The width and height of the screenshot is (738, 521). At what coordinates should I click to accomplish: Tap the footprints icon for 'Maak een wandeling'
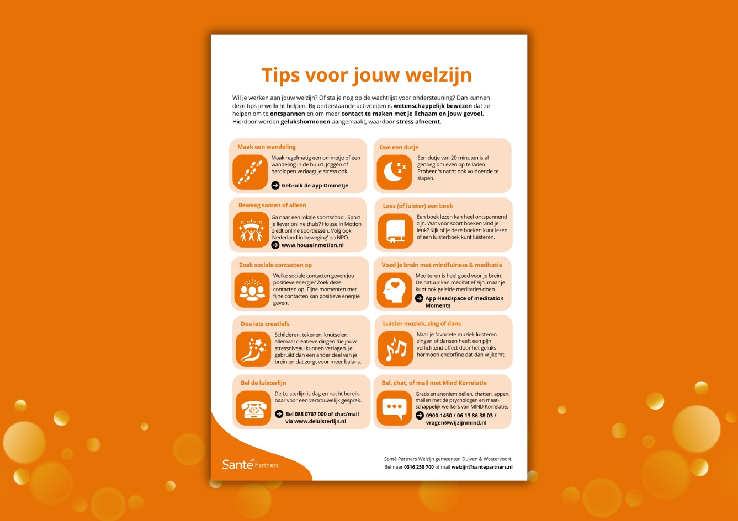point(250,172)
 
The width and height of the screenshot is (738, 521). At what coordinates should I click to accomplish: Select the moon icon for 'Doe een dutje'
point(394,171)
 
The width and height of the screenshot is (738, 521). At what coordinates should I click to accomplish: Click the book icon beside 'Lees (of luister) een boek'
point(395,231)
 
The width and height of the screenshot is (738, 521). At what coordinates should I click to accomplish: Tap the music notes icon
point(395,349)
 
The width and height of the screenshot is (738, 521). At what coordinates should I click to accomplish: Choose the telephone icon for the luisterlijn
point(253,408)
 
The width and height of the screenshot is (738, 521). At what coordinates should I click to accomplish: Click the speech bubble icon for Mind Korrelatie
point(394,408)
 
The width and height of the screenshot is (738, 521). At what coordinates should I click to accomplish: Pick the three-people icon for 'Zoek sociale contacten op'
point(252,290)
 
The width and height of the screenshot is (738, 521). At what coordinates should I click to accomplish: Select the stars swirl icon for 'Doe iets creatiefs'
point(253,349)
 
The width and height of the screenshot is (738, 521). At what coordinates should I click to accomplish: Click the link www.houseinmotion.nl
point(312,245)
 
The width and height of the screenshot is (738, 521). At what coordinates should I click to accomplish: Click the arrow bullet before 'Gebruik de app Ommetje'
point(275,185)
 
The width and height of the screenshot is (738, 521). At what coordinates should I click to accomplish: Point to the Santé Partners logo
point(250,464)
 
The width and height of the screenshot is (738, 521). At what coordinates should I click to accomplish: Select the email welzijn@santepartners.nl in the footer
point(482,467)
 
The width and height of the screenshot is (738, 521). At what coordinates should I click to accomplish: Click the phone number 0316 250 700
point(418,467)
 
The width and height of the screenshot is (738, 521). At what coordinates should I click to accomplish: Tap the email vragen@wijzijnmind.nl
point(456,422)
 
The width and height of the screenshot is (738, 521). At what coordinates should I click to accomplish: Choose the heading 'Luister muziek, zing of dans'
point(422,323)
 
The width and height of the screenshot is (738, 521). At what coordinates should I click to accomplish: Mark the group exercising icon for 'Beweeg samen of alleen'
point(252,231)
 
